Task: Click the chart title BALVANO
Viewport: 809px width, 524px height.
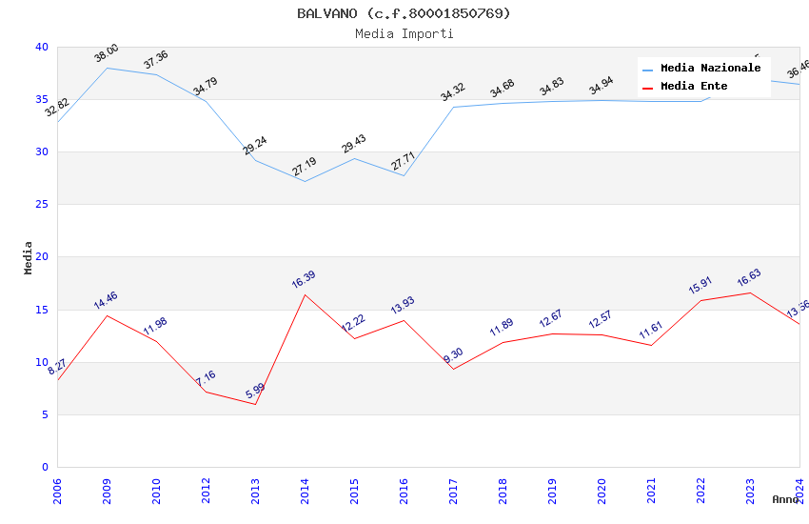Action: pos(404,13)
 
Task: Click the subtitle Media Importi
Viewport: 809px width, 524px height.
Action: pos(404,33)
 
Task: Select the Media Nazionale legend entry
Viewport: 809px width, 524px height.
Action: pos(710,69)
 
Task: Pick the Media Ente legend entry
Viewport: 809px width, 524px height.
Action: pos(694,87)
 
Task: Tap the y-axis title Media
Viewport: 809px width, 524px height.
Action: pos(29,257)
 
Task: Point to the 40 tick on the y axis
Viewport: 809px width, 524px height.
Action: pos(41,47)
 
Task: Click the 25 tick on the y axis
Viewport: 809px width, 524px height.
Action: pos(41,205)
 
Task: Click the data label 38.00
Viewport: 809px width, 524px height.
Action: pos(107,53)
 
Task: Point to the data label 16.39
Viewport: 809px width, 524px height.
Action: pos(304,280)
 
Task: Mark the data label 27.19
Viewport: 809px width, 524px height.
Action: pos(305,168)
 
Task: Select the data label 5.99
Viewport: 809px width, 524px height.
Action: pos(255,391)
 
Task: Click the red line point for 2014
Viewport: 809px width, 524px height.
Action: pos(305,294)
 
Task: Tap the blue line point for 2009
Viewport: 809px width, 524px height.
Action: pos(107,68)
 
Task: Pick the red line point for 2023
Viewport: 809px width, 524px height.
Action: pos(750,292)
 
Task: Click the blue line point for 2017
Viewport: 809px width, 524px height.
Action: pos(453,107)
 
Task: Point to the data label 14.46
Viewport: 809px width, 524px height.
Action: pos(106,301)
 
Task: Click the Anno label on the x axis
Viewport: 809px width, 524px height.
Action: pos(785,499)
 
